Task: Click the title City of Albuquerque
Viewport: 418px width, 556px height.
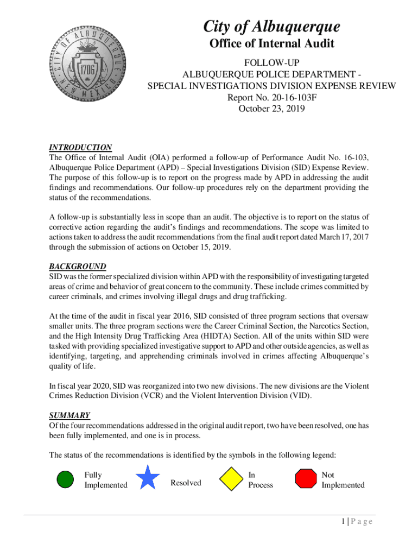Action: tap(272, 26)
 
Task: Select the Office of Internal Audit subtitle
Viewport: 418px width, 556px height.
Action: tap(272, 44)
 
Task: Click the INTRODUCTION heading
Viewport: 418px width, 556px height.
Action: tap(80, 147)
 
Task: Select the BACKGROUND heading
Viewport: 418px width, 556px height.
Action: tap(78, 267)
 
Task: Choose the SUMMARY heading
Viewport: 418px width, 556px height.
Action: tap(69, 415)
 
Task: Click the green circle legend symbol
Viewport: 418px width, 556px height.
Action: tap(65, 479)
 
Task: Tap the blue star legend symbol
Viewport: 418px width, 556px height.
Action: tap(148, 478)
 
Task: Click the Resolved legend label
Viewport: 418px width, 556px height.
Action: tap(186, 483)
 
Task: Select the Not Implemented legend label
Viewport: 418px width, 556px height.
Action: tap(343, 480)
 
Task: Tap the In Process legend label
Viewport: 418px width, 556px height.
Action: tap(261, 480)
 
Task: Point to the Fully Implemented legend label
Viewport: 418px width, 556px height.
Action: tap(106, 480)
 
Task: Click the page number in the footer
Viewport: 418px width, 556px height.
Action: tap(344, 522)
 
